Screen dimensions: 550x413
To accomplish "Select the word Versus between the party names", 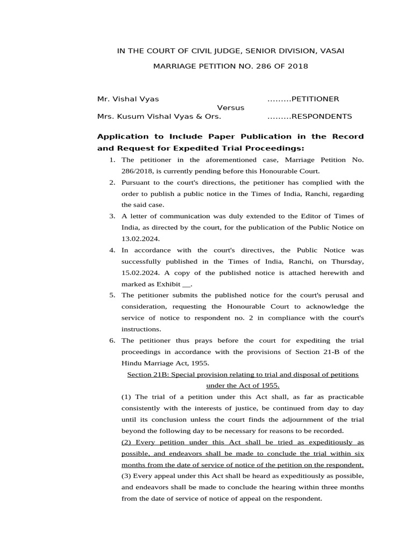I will coord(231,107).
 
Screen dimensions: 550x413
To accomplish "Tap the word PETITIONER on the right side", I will coord(315,99).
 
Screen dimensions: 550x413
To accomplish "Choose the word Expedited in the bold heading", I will coord(214,148).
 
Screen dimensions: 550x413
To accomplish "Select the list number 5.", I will coord(112,295).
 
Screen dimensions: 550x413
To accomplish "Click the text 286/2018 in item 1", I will coord(137,171).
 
